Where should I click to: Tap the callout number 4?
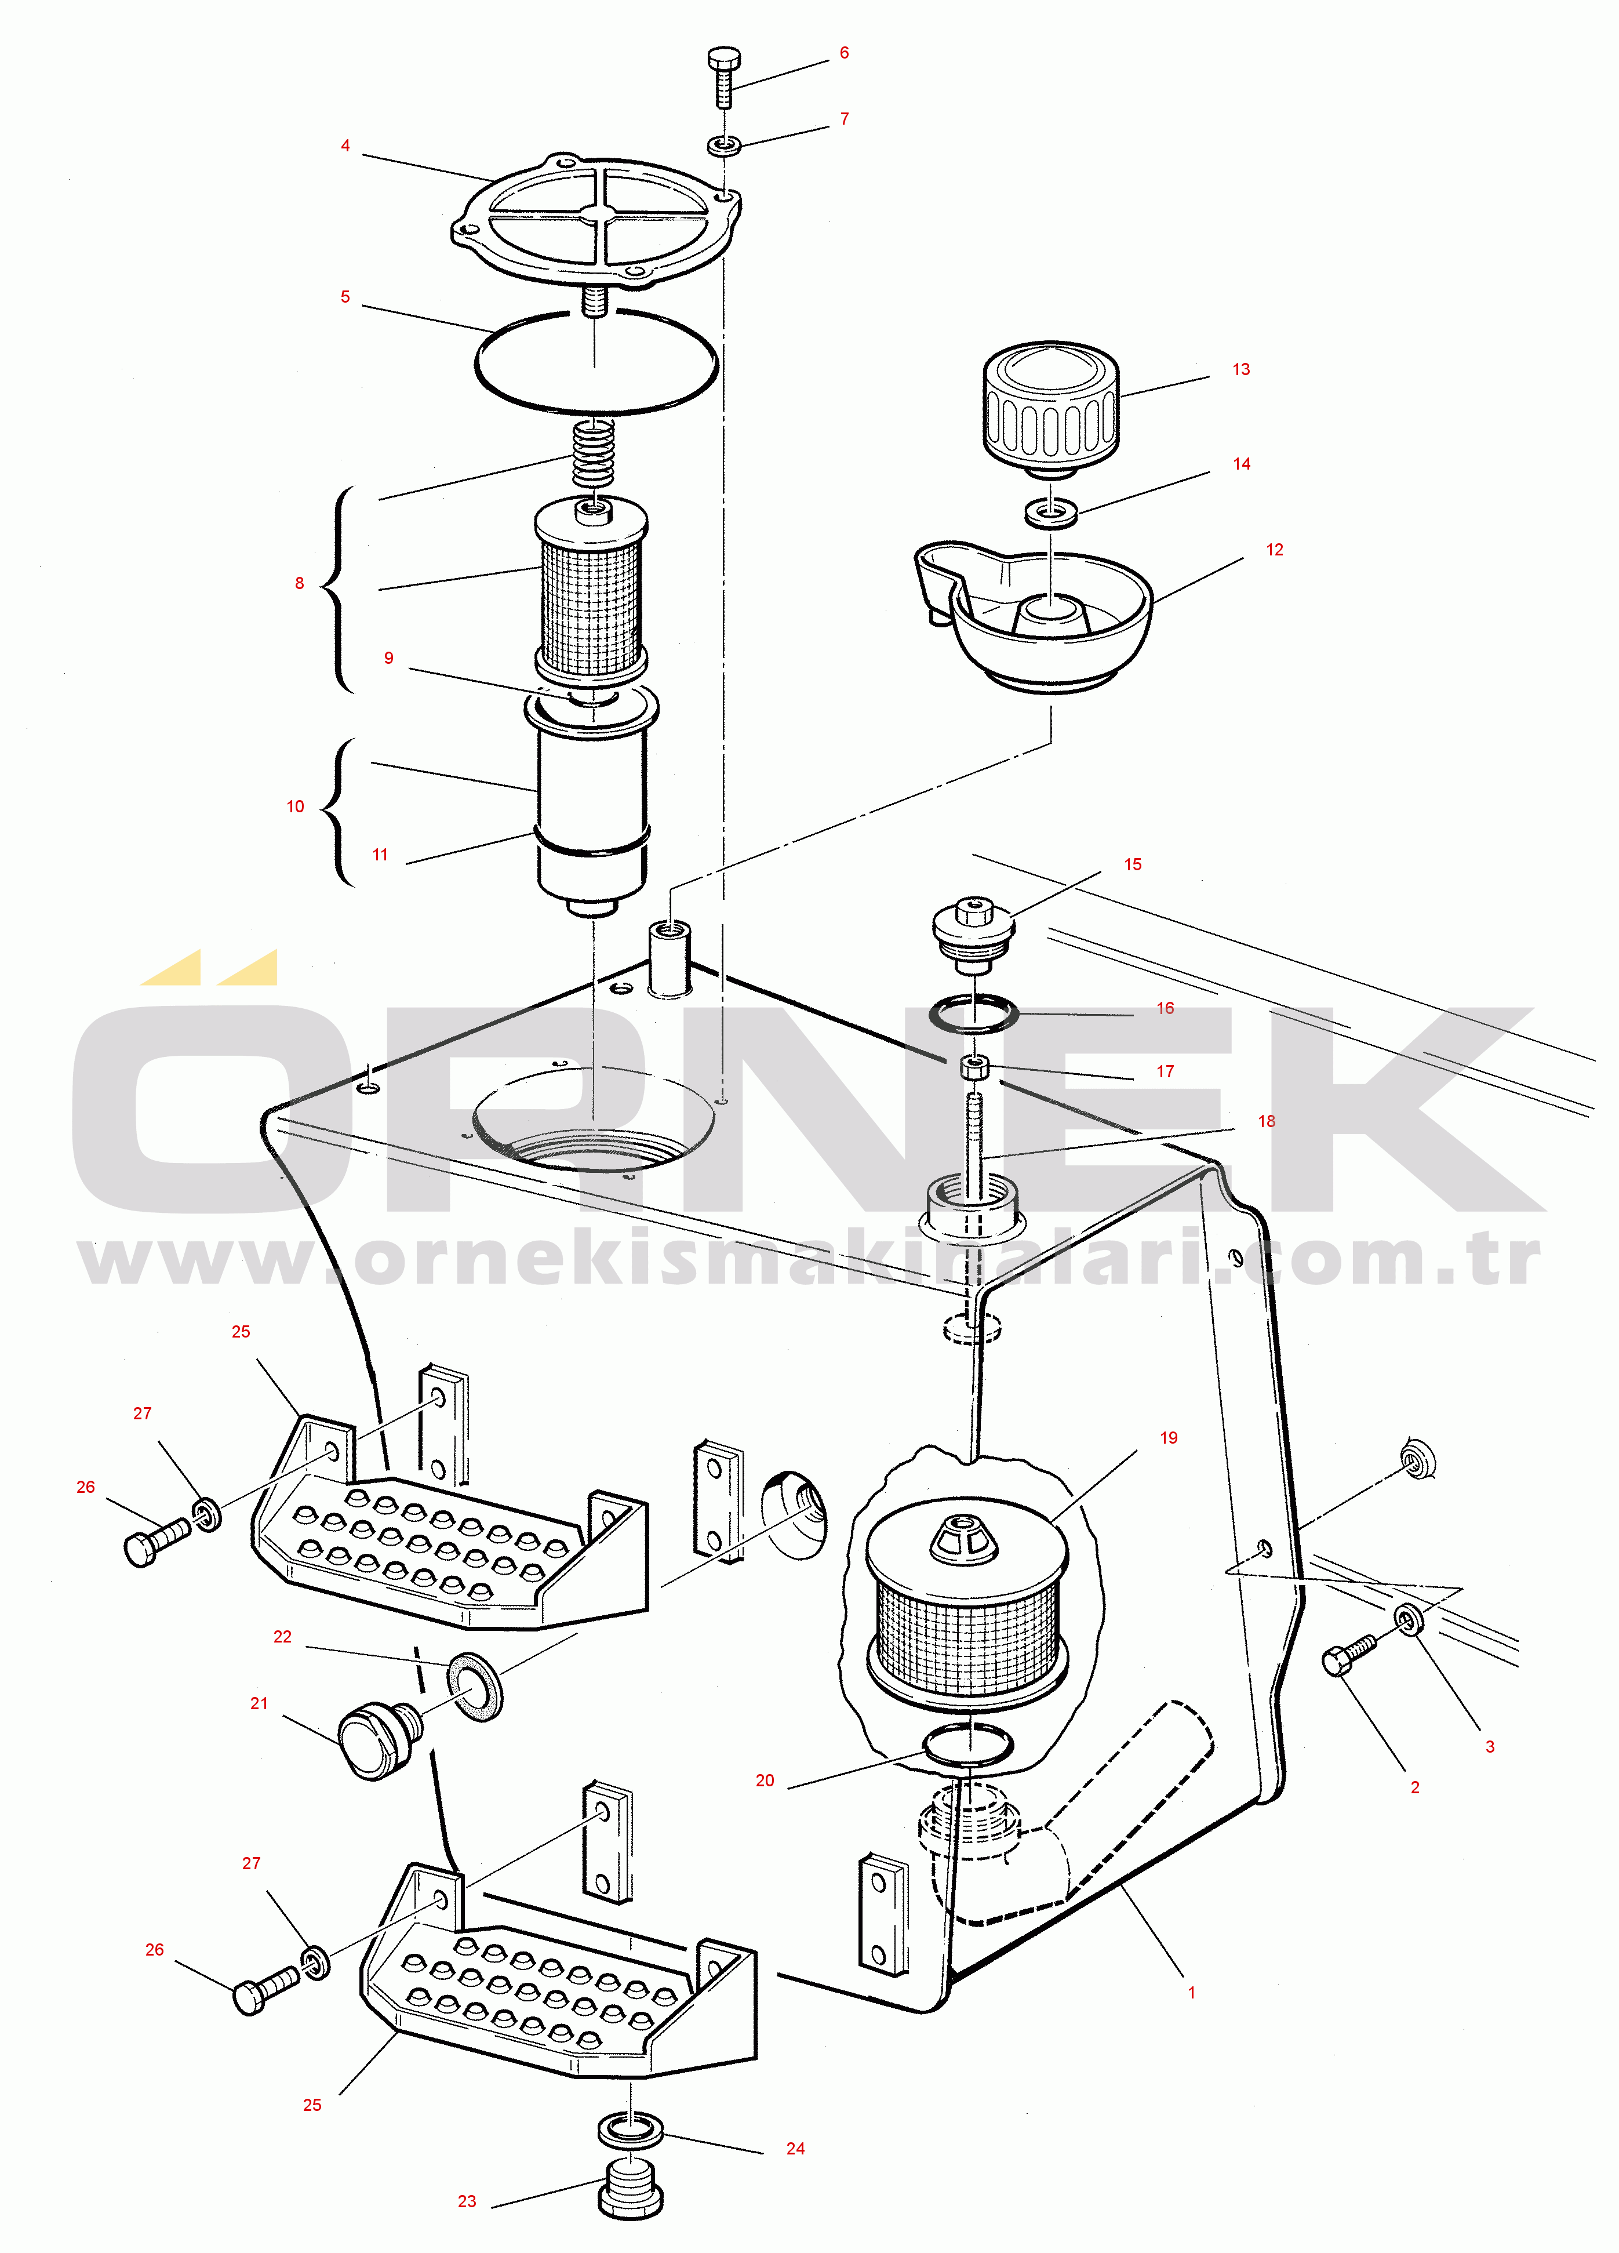coord(345,146)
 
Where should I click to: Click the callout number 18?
coord(1267,1121)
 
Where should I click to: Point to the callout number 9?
coord(388,657)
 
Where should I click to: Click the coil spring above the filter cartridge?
coord(595,453)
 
